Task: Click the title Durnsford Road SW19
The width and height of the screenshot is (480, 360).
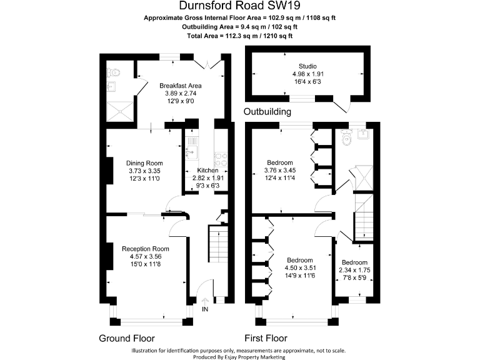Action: click(x=239, y=6)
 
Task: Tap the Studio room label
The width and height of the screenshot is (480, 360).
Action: click(x=307, y=66)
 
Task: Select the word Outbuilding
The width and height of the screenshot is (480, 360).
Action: click(x=267, y=112)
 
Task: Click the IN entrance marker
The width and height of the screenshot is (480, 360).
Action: click(x=205, y=309)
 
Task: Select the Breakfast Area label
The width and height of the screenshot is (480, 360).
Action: click(x=180, y=86)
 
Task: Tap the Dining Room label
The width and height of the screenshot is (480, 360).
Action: click(x=144, y=163)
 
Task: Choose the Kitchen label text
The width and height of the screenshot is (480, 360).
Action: click(x=207, y=170)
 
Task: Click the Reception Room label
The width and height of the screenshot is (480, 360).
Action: click(x=146, y=248)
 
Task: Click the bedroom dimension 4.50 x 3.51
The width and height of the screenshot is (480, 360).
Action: click(x=300, y=268)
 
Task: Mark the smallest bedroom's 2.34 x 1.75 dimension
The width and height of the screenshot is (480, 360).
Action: click(x=354, y=270)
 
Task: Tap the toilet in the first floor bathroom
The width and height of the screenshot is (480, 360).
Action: click(x=347, y=141)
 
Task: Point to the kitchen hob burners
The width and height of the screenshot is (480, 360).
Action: click(x=221, y=160)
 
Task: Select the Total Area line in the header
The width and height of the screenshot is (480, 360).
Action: click(x=239, y=36)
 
